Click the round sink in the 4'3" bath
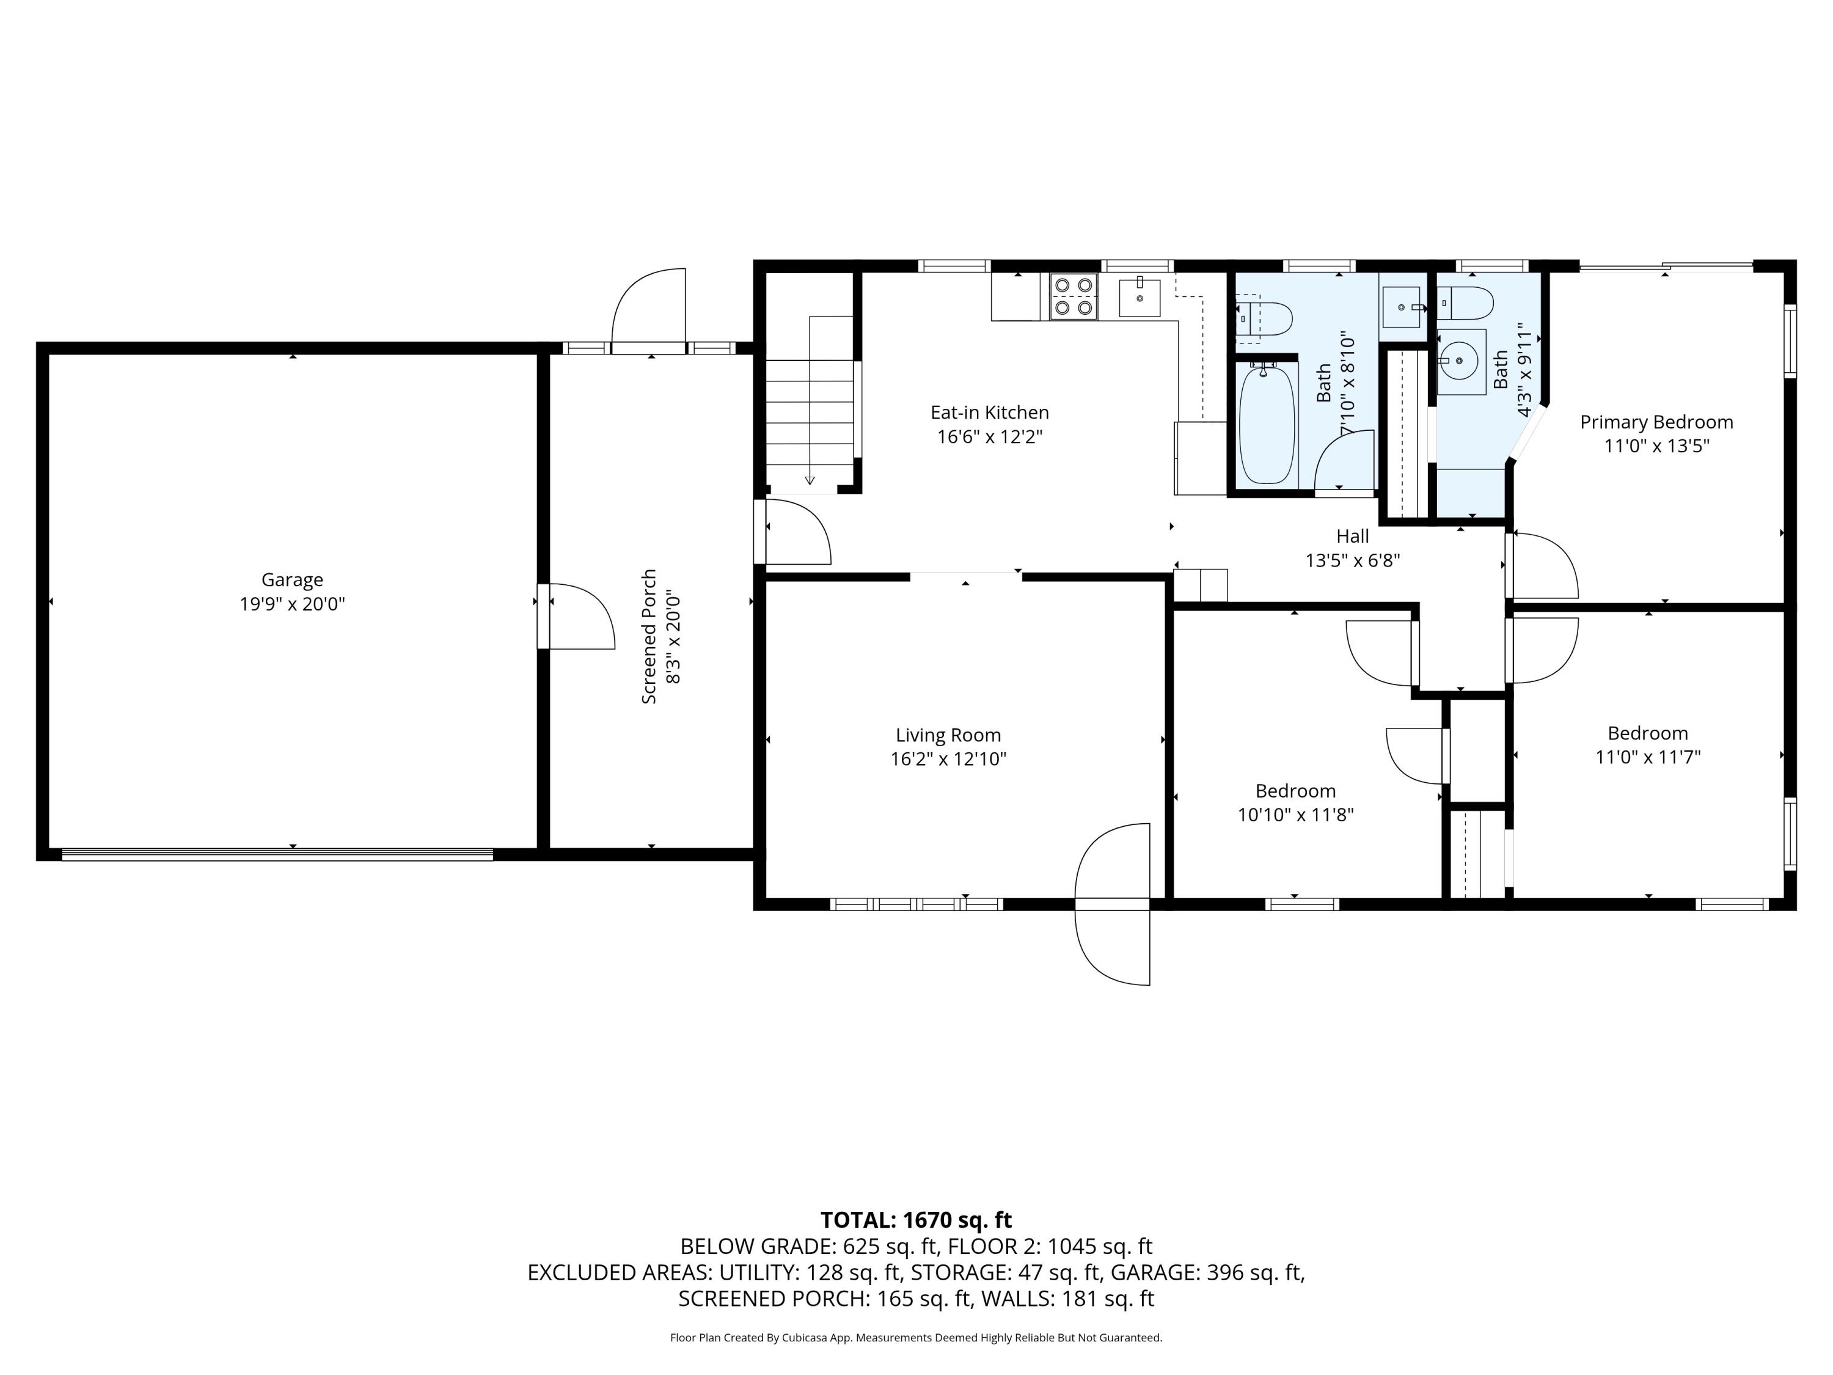(x=1459, y=361)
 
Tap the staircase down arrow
(x=810, y=480)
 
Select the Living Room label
(x=948, y=735)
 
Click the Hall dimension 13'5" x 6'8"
(x=1352, y=561)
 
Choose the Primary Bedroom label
(x=1656, y=422)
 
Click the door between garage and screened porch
(x=576, y=616)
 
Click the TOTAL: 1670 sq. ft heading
(x=916, y=1220)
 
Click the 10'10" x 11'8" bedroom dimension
(x=1295, y=815)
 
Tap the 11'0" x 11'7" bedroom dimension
(x=1647, y=757)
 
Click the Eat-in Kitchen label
(x=989, y=413)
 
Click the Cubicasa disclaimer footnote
(x=916, y=1338)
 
